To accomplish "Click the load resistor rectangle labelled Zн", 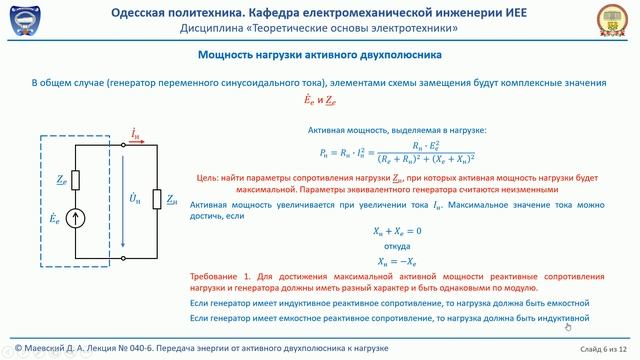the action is tap(154, 200).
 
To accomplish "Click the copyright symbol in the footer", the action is tap(8, 348).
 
